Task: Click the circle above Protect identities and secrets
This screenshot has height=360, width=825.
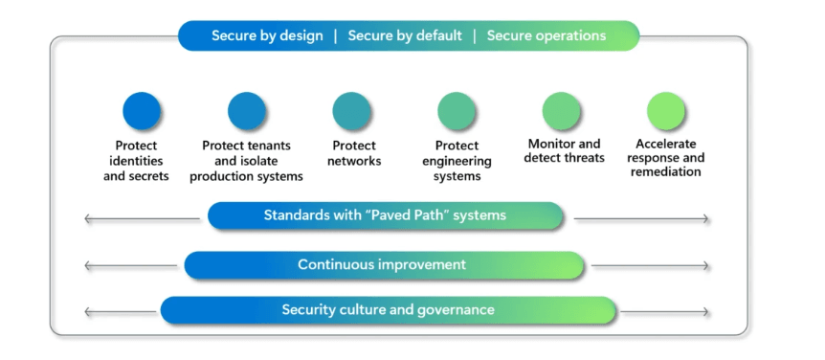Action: pos(141,111)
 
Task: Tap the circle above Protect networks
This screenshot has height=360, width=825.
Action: pos(351,111)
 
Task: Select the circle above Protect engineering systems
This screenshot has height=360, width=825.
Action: pos(457,111)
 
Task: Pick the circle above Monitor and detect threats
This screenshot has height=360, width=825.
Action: pos(562,111)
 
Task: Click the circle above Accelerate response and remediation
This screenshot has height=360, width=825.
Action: pos(665,111)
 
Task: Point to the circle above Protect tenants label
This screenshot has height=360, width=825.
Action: pos(246,111)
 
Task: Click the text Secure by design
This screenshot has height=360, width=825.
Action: pos(267,35)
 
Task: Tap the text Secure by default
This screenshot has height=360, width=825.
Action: pos(405,35)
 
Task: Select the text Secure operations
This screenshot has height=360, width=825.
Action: pos(546,35)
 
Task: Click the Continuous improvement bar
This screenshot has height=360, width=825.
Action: pos(384,265)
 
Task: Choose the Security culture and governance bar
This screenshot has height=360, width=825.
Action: pos(389,310)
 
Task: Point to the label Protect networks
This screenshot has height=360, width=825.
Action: pos(354,153)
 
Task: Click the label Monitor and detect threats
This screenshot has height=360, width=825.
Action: pos(564,150)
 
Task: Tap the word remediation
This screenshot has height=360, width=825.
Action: pos(665,171)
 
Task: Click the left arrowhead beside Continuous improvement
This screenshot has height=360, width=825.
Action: pos(87,266)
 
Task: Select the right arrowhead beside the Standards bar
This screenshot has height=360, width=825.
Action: pos(705,219)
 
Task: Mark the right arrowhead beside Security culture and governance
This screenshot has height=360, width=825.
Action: pos(705,312)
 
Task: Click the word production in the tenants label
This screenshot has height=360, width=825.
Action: pos(219,177)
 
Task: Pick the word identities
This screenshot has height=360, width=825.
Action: pos(136,161)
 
